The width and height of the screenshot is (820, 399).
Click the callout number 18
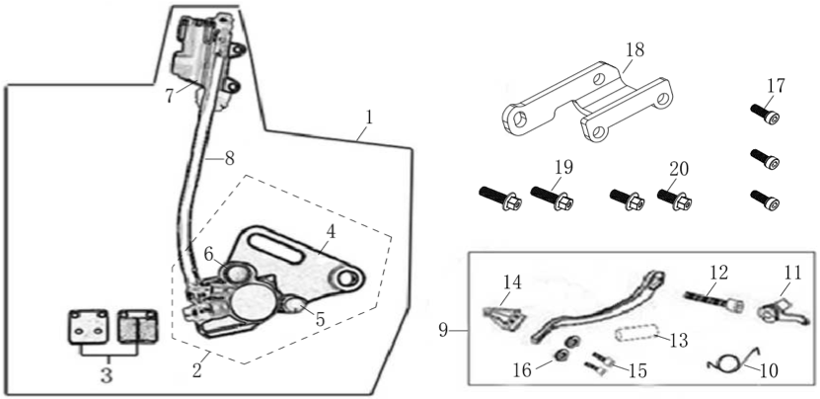tap(634, 50)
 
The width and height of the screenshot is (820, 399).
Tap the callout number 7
tap(169, 97)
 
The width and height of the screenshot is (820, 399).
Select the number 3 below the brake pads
tap(107, 375)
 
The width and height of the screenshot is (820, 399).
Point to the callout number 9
tap(443, 331)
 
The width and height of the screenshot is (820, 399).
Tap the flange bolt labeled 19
tap(553, 198)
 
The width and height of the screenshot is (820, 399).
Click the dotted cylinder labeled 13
tap(634, 334)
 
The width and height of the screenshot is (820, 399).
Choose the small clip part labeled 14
tap(502, 319)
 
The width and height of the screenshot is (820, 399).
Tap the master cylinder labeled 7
tap(203, 57)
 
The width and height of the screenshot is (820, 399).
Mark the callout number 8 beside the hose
tap(230, 159)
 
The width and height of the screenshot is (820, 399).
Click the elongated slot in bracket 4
tap(275, 249)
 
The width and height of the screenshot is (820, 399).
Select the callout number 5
tap(320, 319)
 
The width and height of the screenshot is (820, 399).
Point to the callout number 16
tap(522, 370)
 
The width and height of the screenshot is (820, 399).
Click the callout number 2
tap(196, 370)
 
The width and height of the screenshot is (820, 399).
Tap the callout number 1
tap(369, 118)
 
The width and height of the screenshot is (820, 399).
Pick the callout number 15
tap(637, 370)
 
